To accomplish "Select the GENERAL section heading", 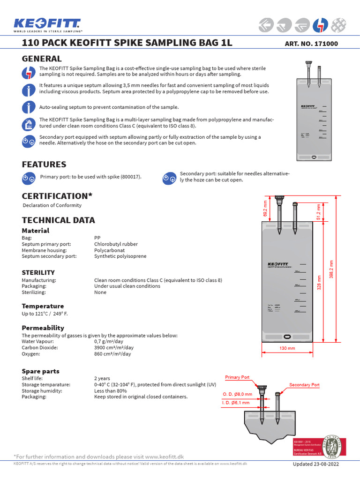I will [x=42, y=59].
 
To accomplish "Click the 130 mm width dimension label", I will [x=287, y=348].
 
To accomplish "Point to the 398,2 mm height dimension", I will [x=331, y=269].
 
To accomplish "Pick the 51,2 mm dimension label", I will [x=318, y=212].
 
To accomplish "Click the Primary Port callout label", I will [x=238, y=377].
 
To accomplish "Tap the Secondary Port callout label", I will [x=304, y=385].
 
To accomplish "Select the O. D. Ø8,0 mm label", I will [x=237, y=394].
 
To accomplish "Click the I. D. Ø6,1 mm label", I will [x=237, y=402].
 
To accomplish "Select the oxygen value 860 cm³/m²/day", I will [x=112, y=354].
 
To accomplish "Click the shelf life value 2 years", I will [x=102, y=378].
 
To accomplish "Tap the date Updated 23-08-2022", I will [x=315, y=464].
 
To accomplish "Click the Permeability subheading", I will [x=43, y=328].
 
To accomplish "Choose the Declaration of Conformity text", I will [x=52, y=205].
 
